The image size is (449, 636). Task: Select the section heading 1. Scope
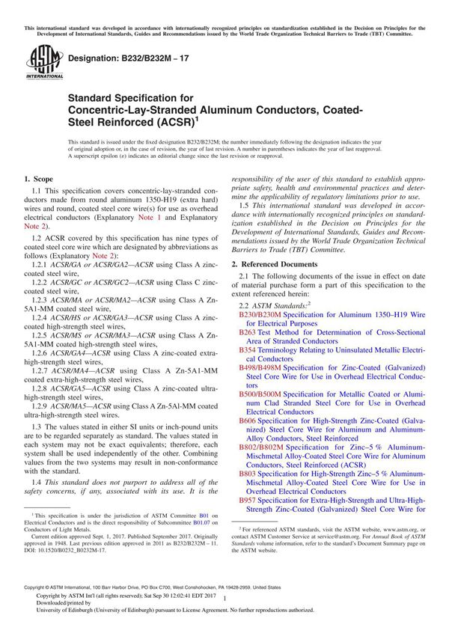pos(39,180)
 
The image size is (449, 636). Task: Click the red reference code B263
pos(247,331)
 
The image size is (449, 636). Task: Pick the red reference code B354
pos(247,349)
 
